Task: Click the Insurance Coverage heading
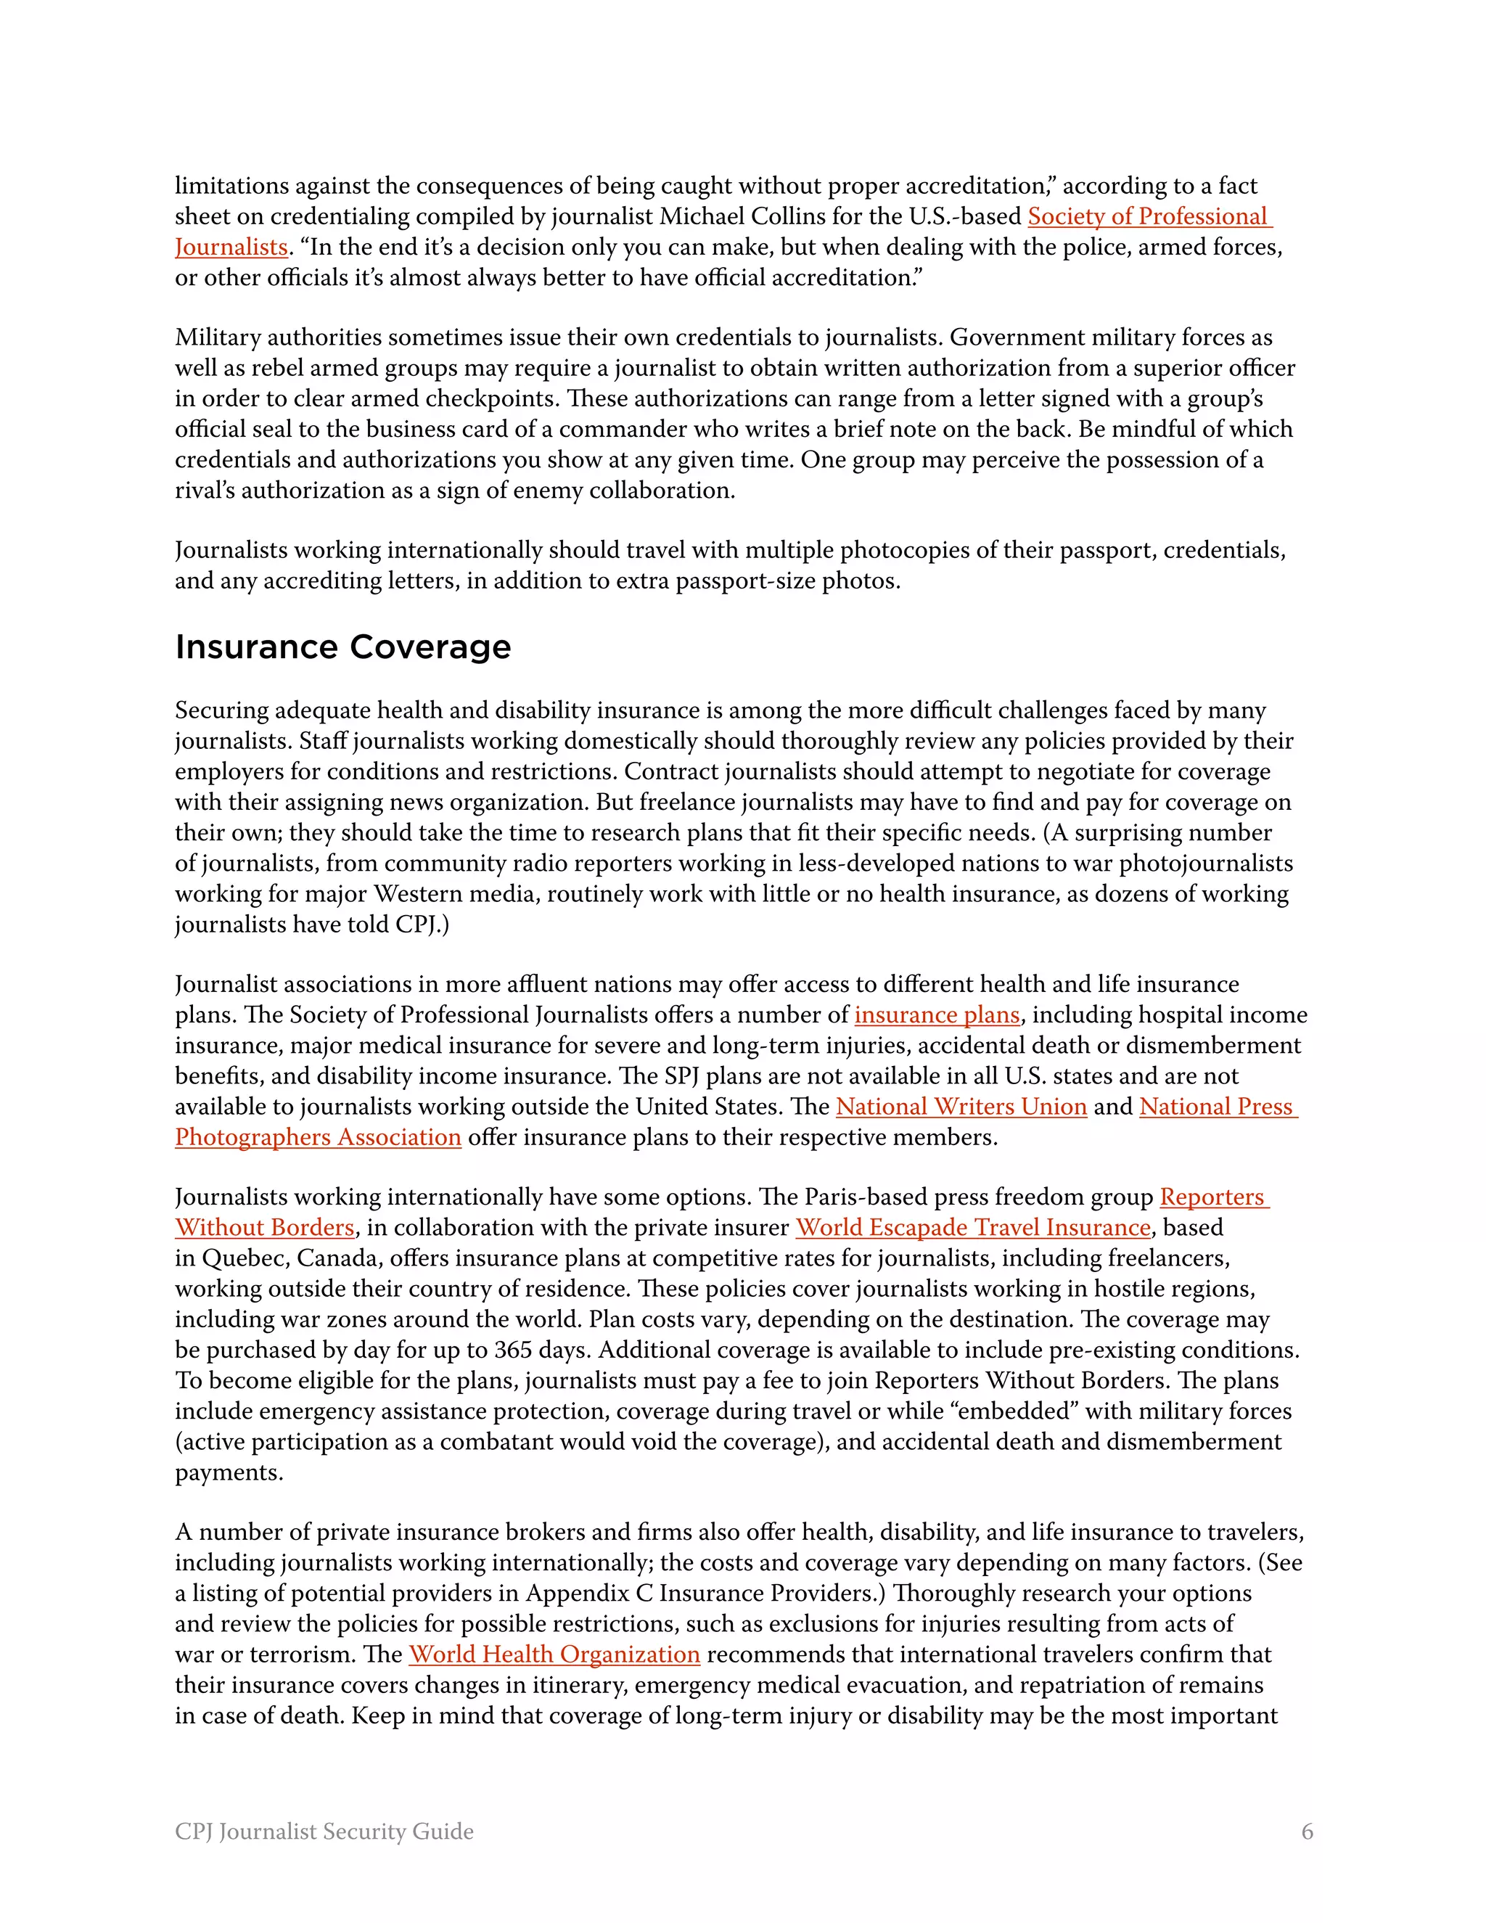[x=342, y=647]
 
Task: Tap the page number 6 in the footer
[x=1306, y=1832]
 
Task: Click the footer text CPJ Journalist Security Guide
[x=324, y=1832]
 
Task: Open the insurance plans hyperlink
[x=937, y=1015]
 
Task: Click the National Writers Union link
[x=961, y=1107]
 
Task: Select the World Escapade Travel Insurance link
[x=973, y=1227]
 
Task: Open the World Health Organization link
[x=554, y=1655]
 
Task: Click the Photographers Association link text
[x=318, y=1138]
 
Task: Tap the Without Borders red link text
[x=264, y=1227]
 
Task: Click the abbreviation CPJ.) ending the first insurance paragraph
[x=422, y=924]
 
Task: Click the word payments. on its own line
[x=229, y=1472]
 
